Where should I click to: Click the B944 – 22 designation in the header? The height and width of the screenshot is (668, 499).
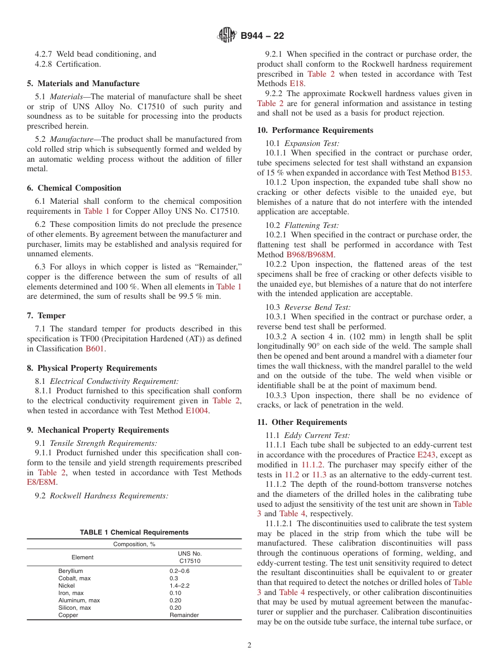pos(262,36)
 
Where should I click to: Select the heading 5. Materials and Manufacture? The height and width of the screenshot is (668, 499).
pos(84,83)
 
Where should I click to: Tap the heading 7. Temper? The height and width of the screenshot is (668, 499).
pos(46,316)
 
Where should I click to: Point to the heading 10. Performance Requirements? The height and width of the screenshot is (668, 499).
pos(315,130)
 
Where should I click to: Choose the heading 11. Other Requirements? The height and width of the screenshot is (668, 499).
pos(302,422)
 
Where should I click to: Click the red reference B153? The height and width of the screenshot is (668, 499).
pos(461,172)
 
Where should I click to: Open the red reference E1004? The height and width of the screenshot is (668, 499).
pos(197,411)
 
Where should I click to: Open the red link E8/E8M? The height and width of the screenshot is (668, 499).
pos(41,482)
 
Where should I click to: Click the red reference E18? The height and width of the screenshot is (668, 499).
pos(296,83)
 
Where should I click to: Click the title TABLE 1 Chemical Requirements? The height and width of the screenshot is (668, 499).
pos(134,533)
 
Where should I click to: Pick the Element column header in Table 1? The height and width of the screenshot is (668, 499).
pos(82,557)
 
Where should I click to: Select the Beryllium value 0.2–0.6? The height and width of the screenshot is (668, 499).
pos(180,571)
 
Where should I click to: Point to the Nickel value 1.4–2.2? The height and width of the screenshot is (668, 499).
pos(180,586)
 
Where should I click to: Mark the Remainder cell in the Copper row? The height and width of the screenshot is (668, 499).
pos(184,615)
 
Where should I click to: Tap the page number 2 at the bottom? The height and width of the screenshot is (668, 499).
pos(250,645)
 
